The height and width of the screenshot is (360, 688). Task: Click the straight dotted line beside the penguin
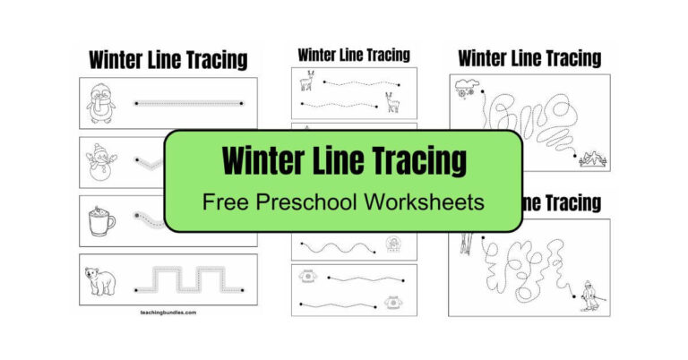tap(190, 104)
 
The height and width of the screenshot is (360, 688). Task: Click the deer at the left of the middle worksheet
tap(308, 81)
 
